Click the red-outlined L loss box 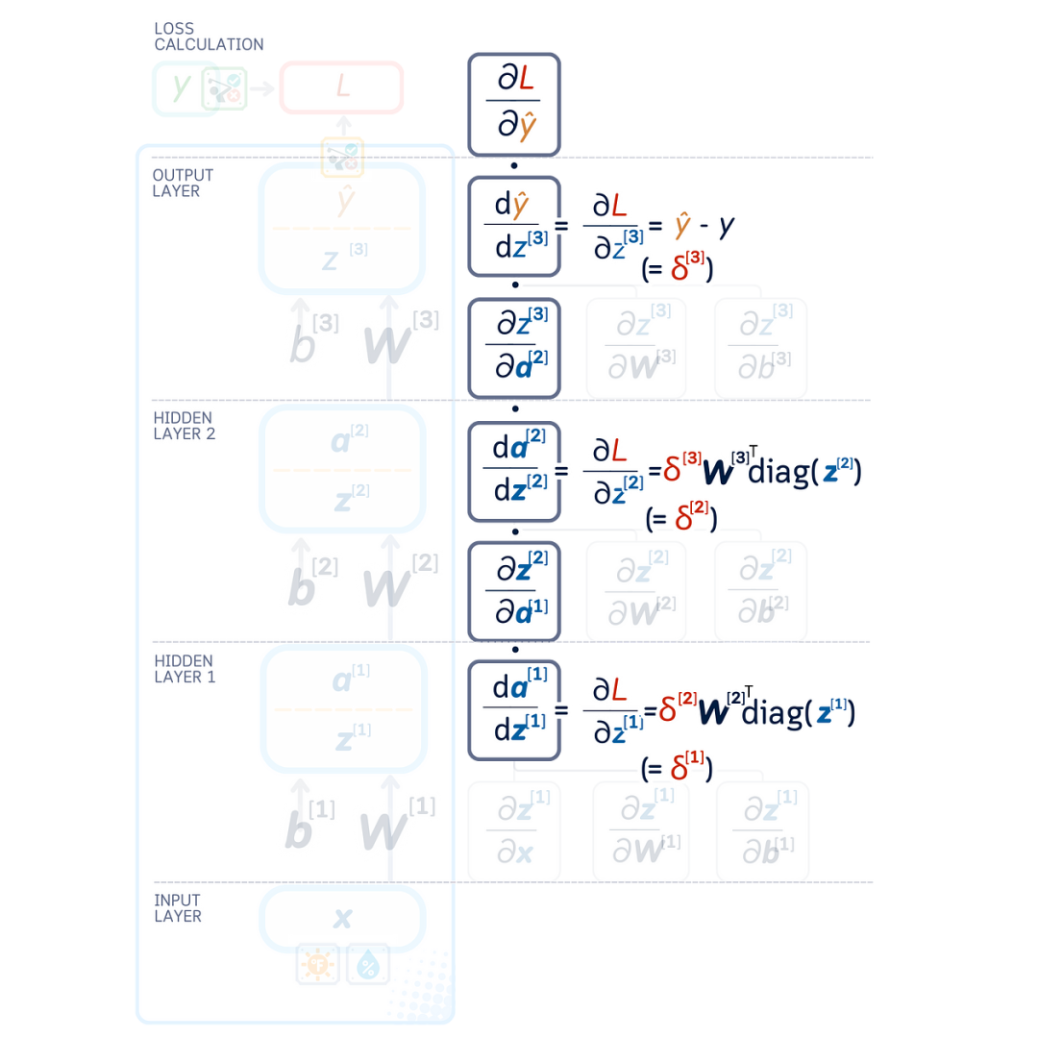point(341,87)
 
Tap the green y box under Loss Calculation point(182,88)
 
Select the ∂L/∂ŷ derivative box point(513,104)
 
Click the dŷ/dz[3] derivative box point(513,226)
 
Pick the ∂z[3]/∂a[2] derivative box point(514,347)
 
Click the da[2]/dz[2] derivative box point(513,469)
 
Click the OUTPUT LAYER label point(183,183)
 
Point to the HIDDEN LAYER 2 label point(185,426)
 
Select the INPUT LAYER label point(178,908)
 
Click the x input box point(342,918)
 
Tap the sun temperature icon point(316,963)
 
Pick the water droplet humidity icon point(367,963)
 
